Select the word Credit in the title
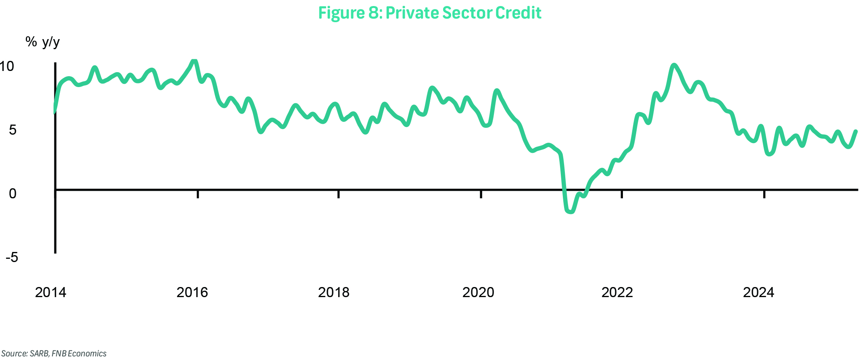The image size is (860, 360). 518,13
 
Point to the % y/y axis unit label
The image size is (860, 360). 42,42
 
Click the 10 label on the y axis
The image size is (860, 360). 7,66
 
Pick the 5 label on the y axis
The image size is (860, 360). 12,130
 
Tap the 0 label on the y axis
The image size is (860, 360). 12,194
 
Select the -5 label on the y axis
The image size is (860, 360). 12,257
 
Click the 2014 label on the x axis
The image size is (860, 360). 50,292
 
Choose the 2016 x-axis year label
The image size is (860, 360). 192,292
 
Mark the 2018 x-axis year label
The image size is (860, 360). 333,292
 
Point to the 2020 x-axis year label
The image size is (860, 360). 478,292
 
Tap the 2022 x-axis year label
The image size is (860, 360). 617,292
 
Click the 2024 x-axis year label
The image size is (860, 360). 758,292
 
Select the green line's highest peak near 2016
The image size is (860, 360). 194,61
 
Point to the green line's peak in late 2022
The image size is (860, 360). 673,65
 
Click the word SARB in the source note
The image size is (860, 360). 39,354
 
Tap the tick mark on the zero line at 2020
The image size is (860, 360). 481,194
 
